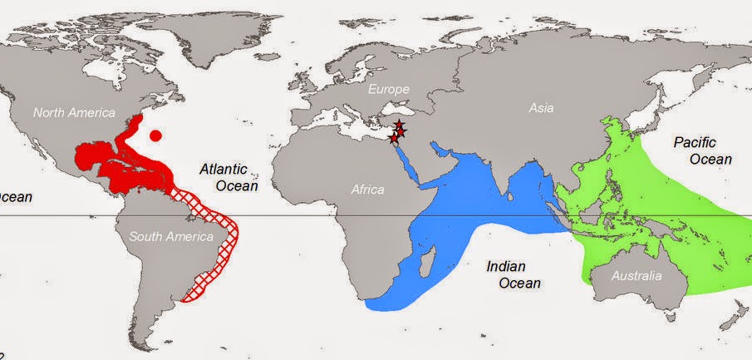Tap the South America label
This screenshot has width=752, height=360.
coord(169,237)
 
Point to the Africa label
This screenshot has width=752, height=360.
coord(367,190)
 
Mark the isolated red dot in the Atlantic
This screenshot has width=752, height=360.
coord(155,135)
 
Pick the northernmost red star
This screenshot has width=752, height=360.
coord(400,125)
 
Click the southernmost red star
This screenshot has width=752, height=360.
coord(393,139)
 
